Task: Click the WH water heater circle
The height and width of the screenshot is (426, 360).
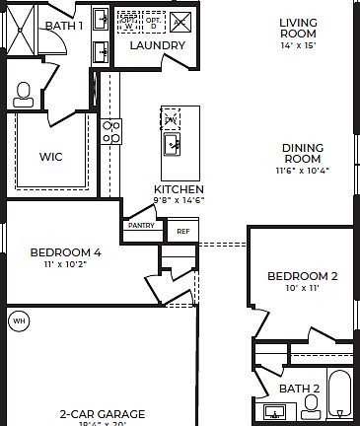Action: pyautogui.click(x=18, y=320)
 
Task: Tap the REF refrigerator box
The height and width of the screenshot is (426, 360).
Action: pyautogui.click(x=181, y=232)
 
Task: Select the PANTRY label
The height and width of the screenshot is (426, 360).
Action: pyautogui.click(x=138, y=226)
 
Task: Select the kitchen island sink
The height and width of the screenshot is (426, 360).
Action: pyautogui.click(x=172, y=146)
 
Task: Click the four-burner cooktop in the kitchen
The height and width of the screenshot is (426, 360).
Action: pyautogui.click(x=111, y=131)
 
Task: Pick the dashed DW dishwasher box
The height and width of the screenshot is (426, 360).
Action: pyautogui.click(x=171, y=118)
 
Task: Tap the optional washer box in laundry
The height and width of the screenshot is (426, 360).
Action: pyautogui.click(x=129, y=21)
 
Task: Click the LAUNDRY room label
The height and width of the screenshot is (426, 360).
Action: pyautogui.click(x=157, y=45)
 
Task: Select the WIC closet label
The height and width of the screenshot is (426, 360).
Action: pyautogui.click(x=51, y=156)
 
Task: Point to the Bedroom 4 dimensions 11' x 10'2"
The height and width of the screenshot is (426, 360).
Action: pyautogui.click(x=65, y=264)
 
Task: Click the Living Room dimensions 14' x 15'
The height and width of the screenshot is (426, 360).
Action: pyautogui.click(x=297, y=45)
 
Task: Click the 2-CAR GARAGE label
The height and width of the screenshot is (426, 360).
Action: pyautogui.click(x=102, y=414)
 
